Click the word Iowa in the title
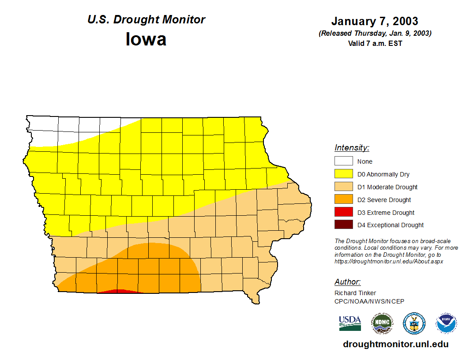click(x=146, y=39)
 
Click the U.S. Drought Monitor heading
click(x=146, y=19)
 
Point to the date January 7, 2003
click(x=375, y=21)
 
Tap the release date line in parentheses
click(x=375, y=34)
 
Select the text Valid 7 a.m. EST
click(x=375, y=43)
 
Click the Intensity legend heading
click(x=352, y=148)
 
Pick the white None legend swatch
click(x=343, y=161)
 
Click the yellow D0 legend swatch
click(x=343, y=174)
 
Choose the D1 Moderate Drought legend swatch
click(x=343, y=187)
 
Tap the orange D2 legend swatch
click(x=343, y=200)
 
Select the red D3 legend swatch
click(x=343, y=212)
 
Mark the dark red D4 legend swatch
click(x=343, y=225)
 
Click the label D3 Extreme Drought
click(x=386, y=213)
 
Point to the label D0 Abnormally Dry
click(x=383, y=174)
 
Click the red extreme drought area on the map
click(x=118, y=291)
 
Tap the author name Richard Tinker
click(x=355, y=293)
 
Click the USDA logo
click(x=350, y=323)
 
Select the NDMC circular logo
click(x=382, y=323)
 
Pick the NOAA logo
click(x=446, y=323)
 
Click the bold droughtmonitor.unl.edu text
click(x=395, y=344)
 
